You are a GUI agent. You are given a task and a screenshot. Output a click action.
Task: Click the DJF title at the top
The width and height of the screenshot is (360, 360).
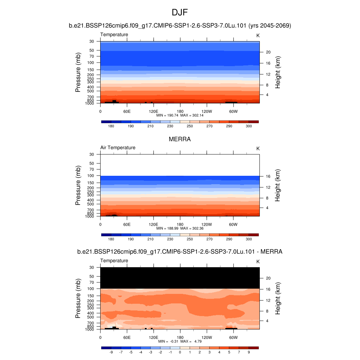click(x=180, y=13)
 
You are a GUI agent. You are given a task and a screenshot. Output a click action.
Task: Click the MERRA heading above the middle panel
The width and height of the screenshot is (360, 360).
click(x=180, y=139)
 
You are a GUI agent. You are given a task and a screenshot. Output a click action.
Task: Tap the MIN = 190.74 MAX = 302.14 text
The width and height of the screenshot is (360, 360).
click(x=180, y=115)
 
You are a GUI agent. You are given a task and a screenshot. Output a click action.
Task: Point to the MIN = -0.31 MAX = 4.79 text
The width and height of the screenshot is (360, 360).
click(x=180, y=341)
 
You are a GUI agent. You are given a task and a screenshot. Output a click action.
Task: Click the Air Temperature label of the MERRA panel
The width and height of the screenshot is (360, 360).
click(x=118, y=148)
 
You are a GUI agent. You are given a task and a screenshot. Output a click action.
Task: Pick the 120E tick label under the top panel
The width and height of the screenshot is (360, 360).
click(x=153, y=111)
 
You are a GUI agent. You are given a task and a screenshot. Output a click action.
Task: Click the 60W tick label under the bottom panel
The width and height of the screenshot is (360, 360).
click(x=233, y=337)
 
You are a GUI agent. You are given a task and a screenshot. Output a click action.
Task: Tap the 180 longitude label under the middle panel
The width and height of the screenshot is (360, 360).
click(x=180, y=224)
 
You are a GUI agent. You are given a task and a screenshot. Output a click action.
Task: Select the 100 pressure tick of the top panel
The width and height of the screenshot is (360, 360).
click(x=91, y=63)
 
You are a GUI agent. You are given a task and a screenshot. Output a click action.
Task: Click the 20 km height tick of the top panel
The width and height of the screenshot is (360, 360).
click(x=268, y=52)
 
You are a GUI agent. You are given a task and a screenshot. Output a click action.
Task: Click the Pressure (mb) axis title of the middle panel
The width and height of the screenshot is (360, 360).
click(x=78, y=185)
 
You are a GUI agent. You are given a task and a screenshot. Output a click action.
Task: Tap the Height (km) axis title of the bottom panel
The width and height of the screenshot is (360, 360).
click(x=278, y=298)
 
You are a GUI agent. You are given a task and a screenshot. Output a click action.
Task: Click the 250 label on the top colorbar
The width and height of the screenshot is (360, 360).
click(x=190, y=126)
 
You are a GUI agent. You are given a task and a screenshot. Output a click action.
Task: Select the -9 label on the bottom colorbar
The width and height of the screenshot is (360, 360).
click(x=111, y=352)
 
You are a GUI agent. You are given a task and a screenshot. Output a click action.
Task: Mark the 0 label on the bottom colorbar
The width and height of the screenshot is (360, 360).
click(x=180, y=352)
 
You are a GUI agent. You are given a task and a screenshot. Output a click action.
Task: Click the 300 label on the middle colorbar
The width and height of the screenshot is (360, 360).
click(x=249, y=239)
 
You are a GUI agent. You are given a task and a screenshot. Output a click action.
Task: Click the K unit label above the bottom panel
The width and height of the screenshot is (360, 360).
click(x=258, y=262)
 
